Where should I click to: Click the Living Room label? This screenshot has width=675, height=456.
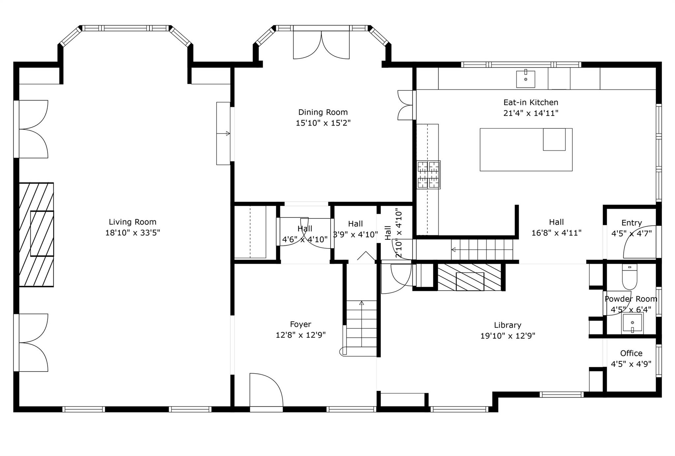[x=132, y=222]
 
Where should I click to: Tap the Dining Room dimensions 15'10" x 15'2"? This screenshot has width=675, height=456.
[x=323, y=123]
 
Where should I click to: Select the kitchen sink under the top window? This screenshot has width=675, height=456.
[x=525, y=79]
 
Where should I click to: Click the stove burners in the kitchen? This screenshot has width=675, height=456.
[x=428, y=175]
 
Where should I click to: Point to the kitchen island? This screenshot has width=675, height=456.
[x=526, y=150]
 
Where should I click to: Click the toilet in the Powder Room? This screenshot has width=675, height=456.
[x=630, y=277]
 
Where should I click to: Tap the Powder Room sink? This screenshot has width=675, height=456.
[x=632, y=323]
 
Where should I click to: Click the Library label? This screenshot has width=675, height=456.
[x=508, y=325]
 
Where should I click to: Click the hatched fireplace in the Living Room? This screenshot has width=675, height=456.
[x=36, y=234]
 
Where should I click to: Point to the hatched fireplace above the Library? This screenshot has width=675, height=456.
[x=470, y=277]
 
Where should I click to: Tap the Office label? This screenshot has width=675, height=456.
[x=631, y=353]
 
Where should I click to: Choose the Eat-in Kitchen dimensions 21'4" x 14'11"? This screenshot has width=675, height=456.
[x=531, y=113]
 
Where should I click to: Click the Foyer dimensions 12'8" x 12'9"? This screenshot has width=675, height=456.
[x=301, y=335]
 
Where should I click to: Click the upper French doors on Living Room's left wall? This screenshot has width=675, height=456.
[x=31, y=129]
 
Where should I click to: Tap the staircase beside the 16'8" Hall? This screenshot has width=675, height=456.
[x=482, y=250]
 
